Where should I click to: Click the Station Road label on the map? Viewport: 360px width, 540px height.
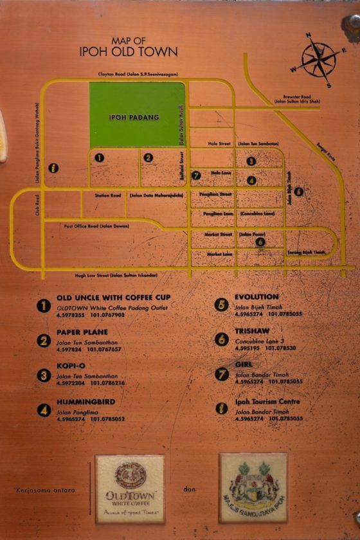108,195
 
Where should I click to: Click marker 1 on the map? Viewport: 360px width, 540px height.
99,157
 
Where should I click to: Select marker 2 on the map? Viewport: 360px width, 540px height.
148,157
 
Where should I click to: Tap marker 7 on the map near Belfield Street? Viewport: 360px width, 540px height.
197,175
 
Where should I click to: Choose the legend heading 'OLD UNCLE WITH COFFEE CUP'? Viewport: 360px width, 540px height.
113,298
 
